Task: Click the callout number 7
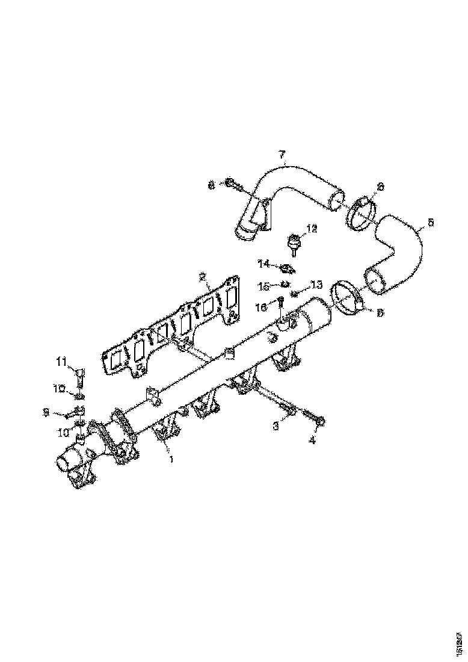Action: point(282,155)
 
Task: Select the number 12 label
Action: point(312,229)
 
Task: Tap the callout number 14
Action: point(263,263)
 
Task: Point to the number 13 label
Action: point(317,284)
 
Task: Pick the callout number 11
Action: point(61,361)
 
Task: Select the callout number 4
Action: point(312,441)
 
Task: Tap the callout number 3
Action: point(276,426)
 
